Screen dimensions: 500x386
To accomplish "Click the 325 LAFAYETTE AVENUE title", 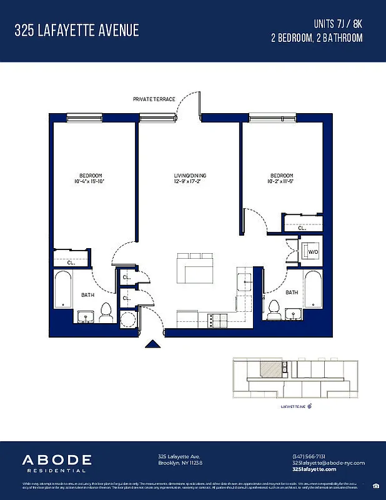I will tap(77, 30).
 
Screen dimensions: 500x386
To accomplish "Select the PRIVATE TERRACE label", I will tap(154, 99).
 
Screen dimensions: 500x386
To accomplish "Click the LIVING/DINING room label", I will tap(190, 176).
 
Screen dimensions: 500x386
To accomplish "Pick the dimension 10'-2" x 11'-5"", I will tap(282, 182).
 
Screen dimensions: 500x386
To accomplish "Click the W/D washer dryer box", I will tap(311, 252).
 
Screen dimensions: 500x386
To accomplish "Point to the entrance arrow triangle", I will tap(152, 343).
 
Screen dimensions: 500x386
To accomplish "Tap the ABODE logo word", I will tap(57, 460).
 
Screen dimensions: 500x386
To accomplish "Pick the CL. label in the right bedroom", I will tap(302, 229).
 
